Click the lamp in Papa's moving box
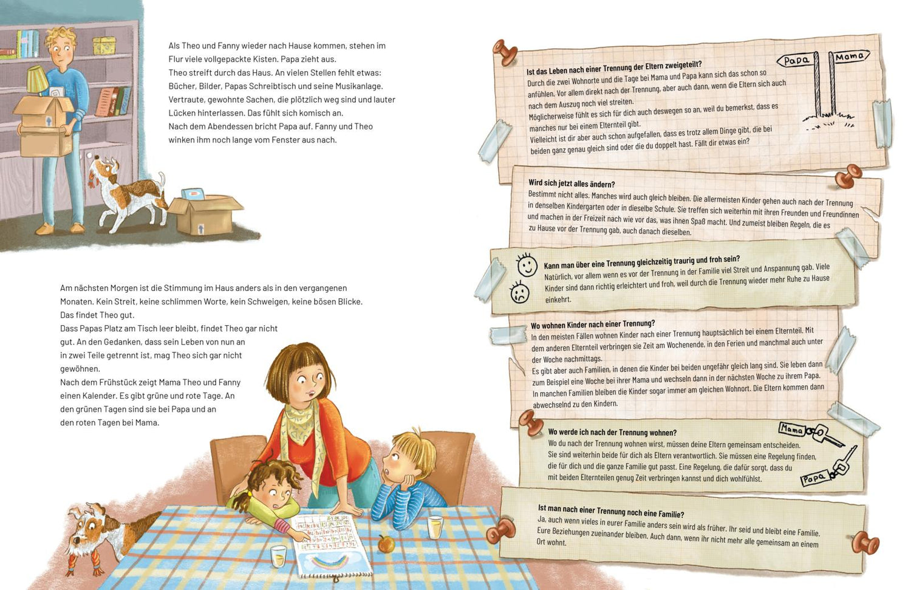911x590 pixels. [38, 80]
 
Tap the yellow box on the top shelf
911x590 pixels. [104, 46]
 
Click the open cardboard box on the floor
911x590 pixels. [205, 214]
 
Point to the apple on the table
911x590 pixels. [386, 544]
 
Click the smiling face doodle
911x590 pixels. [527, 266]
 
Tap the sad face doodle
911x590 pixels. [519, 292]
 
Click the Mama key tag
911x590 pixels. [791, 429]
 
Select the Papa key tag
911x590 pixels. [813, 479]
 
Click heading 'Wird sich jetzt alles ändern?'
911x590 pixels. [572, 184]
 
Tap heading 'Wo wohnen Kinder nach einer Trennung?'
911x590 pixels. [593, 324]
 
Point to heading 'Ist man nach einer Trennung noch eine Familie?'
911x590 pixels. [611, 511]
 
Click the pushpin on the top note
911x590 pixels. [505, 52]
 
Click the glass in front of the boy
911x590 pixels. [435, 527]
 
